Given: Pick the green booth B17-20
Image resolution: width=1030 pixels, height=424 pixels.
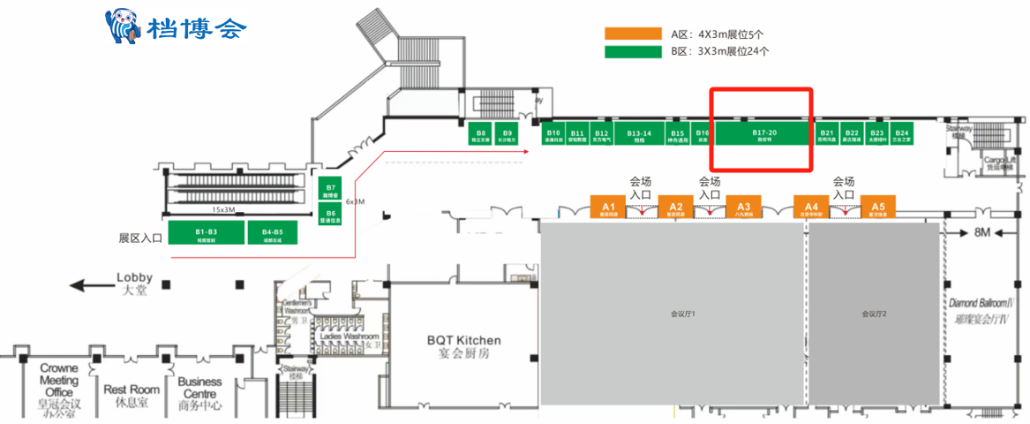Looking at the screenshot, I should click(x=763, y=133).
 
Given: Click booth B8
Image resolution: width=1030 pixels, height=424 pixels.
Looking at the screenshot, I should click(x=481, y=133).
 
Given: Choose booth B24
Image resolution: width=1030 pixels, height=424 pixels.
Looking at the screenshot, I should click(x=901, y=133).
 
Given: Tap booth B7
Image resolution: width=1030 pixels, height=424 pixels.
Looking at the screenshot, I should click(x=330, y=190).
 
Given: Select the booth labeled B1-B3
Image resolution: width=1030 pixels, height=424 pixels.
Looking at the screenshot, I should click(x=207, y=232).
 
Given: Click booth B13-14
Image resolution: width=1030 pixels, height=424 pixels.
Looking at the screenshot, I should click(x=639, y=133).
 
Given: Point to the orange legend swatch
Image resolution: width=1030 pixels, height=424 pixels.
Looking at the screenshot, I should click(x=633, y=34).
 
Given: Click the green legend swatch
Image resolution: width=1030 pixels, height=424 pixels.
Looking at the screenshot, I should click(x=633, y=51).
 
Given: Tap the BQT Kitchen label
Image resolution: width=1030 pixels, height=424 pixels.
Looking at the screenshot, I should click(x=463, y=346).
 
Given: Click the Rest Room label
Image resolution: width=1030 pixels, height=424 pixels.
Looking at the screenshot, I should click(x=132, y=395).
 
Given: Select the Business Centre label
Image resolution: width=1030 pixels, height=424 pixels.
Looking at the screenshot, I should click(x=199, y=394).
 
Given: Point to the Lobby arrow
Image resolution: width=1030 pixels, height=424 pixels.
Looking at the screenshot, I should click(x=93, y=284).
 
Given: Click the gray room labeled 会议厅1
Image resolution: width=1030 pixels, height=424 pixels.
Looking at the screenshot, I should click(x=674, y=314).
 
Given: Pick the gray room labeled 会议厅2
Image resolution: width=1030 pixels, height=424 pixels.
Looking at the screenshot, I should click(x=874, y=314).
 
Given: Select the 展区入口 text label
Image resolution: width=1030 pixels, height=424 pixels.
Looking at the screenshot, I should click(x=140, y=238).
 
